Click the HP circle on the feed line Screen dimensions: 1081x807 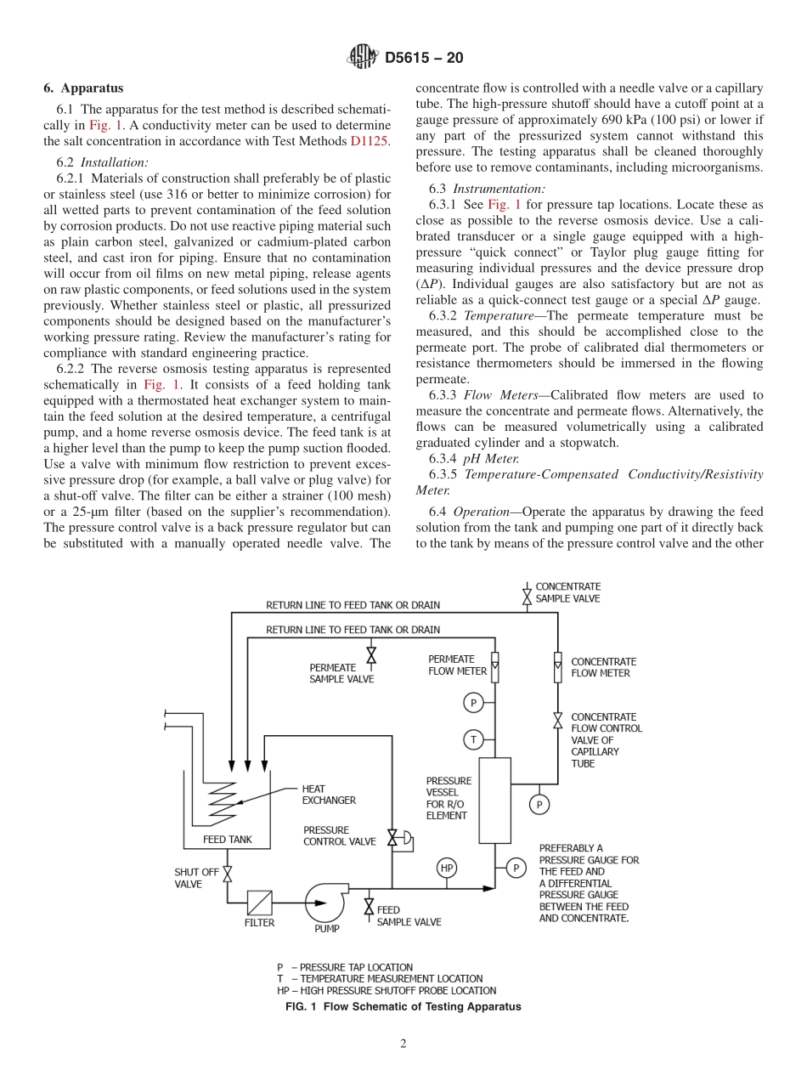(447, 868)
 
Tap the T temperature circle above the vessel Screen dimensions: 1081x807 (473, 739)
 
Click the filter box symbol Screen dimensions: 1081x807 (259, 902)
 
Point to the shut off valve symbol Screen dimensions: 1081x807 (228, 873)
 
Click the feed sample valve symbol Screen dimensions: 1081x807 (369, 907)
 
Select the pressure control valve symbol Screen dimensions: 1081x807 (393, 838)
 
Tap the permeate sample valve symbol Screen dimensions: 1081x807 (371, 655)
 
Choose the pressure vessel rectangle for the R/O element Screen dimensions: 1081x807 (495, 800)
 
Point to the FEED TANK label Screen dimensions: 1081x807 (227, 839)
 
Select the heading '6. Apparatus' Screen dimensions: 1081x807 (83, 88)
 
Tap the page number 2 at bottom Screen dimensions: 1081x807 (403, 1044)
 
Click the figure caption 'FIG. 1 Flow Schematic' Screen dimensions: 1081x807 (403, 1006)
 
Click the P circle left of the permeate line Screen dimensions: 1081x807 (473, 703)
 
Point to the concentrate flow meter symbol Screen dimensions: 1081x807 (557, 667)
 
